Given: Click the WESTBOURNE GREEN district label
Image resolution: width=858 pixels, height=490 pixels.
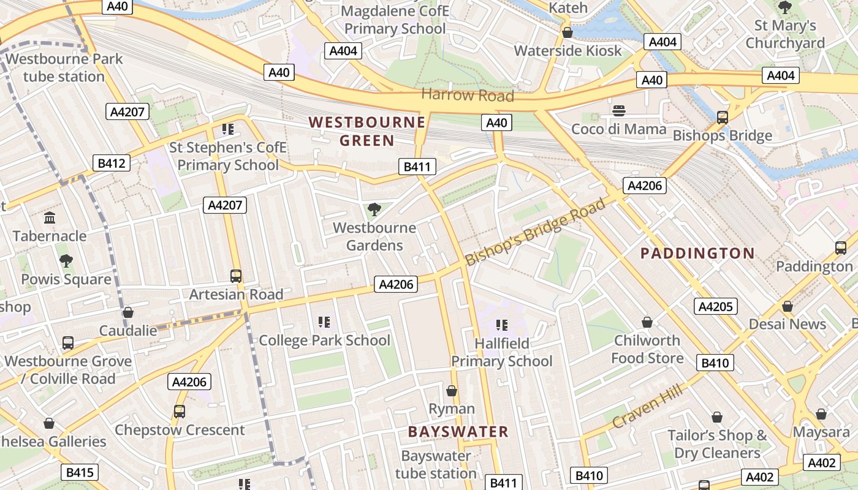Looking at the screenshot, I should point(366,131).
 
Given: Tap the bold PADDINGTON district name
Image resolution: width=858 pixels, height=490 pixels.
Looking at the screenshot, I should point(697,253).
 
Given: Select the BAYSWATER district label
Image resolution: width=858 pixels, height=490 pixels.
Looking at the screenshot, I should point(458,431).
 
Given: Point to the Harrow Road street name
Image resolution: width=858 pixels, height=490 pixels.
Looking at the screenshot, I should point(468,96).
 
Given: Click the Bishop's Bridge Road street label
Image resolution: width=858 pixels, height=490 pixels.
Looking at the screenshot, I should point(535,231).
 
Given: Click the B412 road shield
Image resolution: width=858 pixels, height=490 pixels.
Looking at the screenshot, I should point(112,163).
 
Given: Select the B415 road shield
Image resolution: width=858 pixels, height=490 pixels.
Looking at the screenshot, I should point(80,472).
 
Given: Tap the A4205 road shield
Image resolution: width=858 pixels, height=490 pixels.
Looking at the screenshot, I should point(715,306).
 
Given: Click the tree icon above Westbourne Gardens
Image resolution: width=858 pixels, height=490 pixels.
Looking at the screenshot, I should point(374,210).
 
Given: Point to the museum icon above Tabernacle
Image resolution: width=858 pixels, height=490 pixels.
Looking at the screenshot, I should point(50,218).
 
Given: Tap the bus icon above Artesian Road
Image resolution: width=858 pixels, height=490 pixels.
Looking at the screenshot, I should point(236,276).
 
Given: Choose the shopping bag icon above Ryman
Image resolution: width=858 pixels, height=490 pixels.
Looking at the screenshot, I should point(452,391).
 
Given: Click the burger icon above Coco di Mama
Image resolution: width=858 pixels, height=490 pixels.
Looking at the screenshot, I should point(619,111).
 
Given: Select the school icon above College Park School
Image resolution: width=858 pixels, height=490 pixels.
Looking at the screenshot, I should point(324,322).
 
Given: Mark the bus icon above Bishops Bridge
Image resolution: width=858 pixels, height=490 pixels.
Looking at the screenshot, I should point(723,118).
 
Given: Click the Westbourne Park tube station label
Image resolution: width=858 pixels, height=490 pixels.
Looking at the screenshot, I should point(64,68).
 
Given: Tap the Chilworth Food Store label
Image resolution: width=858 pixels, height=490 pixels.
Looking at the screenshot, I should point(647,349).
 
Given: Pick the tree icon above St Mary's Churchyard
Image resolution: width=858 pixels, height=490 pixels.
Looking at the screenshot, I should point(784,8).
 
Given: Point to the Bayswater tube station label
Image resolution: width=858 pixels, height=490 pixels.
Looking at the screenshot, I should point(436,464).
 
